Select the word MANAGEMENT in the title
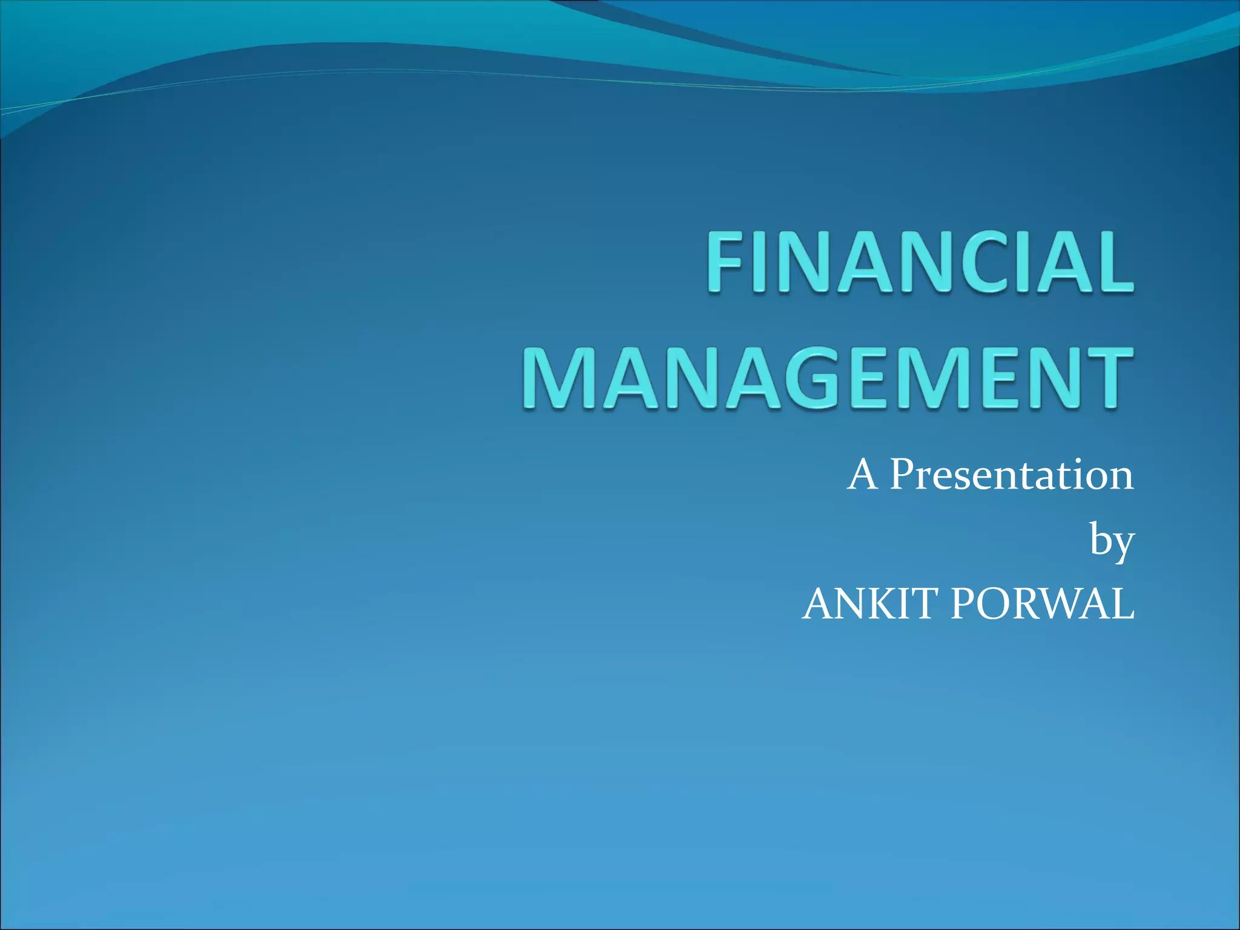pyautogui.click(x=827, y=378)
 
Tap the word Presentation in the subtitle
pyautogui.click(x=1011, y=474)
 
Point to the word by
pyautogui.click(x=1112, y=541)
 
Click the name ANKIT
pyautogui.click(x=871, y=604)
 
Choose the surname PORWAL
pyautogui.click(x=1042, y=604)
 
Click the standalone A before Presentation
pyautogui.click(x=863, y=474)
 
